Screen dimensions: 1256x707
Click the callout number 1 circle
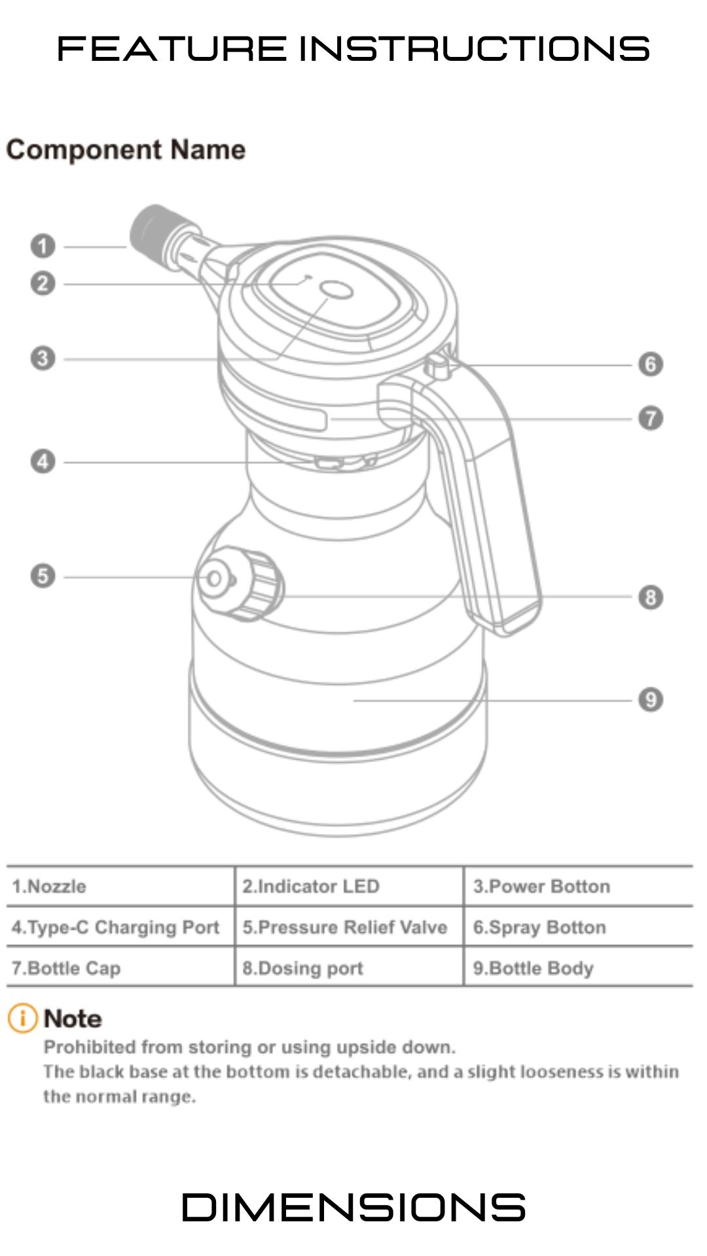click(43, 247)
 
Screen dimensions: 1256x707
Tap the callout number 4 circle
click(43, 462)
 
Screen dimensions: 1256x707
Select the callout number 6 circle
click(650, 364)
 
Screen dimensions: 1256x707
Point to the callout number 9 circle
click(650, 700)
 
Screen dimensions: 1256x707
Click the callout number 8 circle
click(650, 597)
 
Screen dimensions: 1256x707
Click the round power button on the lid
click(338, 290)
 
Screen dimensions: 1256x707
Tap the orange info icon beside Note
click(22, 1019)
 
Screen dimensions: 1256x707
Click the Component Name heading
click(126, 150)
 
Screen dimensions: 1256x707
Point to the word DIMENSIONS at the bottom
click(353, 1208)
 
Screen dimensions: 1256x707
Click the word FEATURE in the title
click(172, 49)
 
